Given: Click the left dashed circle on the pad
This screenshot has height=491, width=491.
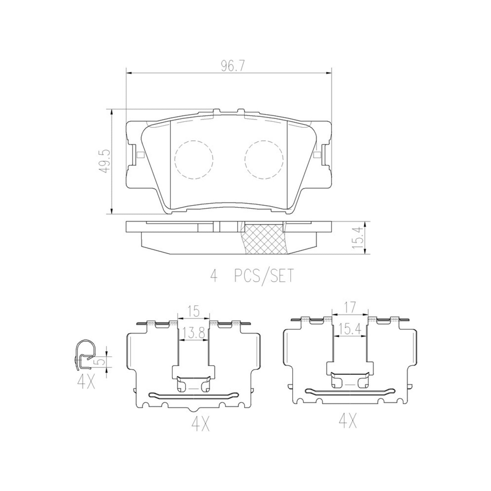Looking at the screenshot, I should tap(193, 160).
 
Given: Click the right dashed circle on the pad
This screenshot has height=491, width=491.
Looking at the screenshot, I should tap(264, 160).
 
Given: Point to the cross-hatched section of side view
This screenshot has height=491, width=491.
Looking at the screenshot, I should tap(265, 239).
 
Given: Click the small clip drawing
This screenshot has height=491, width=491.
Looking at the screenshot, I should tap(85, 356).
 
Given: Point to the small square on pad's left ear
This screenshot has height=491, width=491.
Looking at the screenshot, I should tap(141, 155).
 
